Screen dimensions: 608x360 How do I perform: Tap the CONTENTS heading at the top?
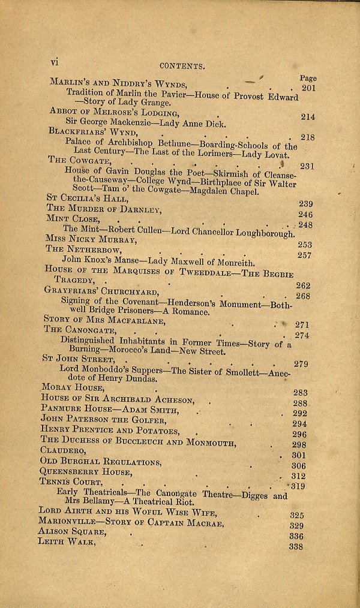[x=182, y=67]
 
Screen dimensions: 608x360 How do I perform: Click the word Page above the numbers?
[x=308, y=78]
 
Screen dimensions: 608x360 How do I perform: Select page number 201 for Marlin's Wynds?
[x=308, y=88]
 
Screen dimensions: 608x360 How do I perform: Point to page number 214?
[x=308, y=117]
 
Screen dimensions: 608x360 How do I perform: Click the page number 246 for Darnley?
[x=305, y=214]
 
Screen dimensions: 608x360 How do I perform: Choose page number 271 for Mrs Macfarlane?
[x=302, y=324]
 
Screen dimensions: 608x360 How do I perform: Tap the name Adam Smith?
[x=150, y=411]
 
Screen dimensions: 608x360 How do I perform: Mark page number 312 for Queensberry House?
[x=298, y=477]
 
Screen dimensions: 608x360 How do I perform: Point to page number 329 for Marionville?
[x=296, y=526]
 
